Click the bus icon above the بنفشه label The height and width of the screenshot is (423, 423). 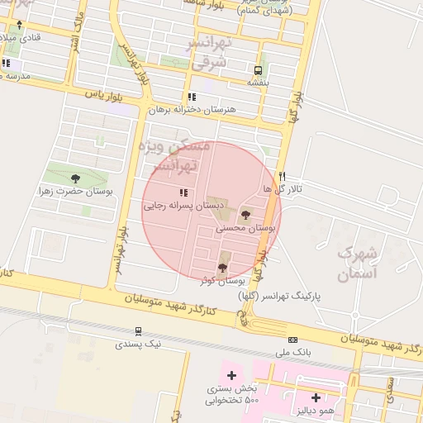(x=259, y=70)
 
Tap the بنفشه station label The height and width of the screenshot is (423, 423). (x=259, y=83)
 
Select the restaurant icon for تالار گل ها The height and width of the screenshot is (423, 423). (x=283, y=176)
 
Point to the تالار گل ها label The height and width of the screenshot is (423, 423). (x=283, y=189)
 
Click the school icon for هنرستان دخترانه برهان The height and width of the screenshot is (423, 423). (x=192, y=97)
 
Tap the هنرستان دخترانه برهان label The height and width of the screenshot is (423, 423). (x=192, y=109)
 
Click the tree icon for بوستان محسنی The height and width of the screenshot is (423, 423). (x=245, y=214)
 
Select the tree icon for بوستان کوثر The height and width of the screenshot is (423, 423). (x=221, y=267)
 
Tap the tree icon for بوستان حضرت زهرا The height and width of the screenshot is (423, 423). (x=76, y=178)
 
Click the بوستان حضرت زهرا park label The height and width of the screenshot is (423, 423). (x=76, y=191)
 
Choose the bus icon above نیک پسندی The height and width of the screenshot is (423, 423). (x=139, y=330)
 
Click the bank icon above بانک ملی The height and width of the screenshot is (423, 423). (x=292, y=340)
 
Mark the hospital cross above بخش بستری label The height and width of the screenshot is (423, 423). (x=231, y=375)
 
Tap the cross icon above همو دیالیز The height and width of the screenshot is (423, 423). (x=316, y=397)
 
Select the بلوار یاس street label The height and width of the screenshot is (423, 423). (x=104, y=94)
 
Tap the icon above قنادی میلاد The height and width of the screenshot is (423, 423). (x=19, y=25)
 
